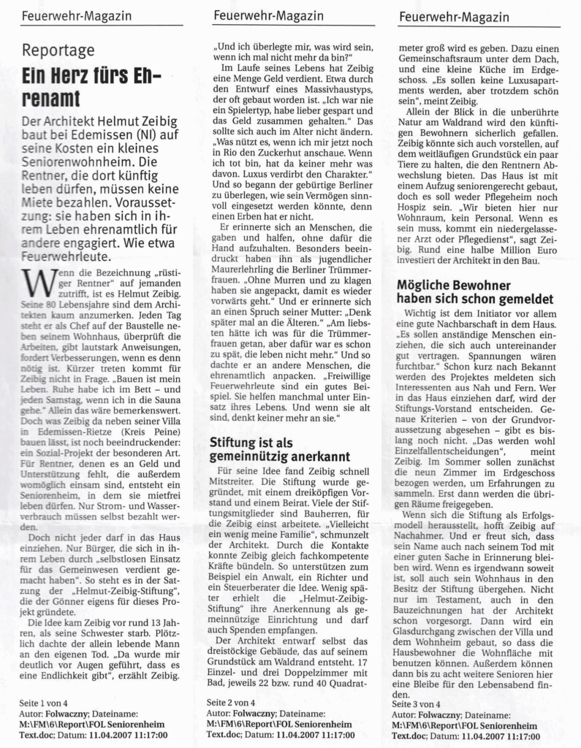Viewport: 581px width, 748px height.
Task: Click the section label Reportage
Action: (x=58, y=50)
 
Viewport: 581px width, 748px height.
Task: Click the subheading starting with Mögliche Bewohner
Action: (x=463, y=292)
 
